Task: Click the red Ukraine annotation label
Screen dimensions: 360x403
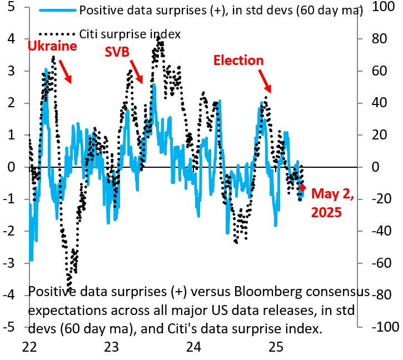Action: (x=52, y=47)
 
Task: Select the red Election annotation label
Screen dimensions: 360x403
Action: (x=238, y=60)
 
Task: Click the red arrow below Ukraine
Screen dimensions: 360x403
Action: (x=65, y=73)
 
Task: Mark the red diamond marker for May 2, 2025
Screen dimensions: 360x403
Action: (x=302, y=188)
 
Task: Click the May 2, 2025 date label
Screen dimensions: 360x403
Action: (x=332, y=203)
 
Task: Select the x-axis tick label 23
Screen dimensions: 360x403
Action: (x=111, y=347)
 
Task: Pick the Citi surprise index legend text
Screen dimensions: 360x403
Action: (x=130, y=34)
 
